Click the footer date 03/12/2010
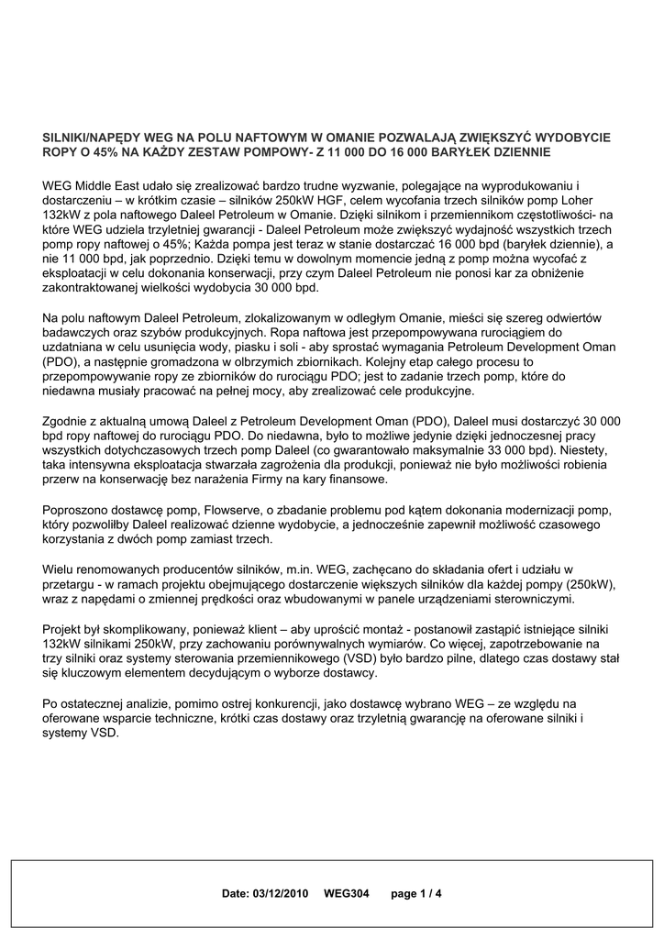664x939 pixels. pyautogui.click(x=282, y=892)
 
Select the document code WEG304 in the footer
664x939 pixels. pyautogui.click(x=346, y=892)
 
